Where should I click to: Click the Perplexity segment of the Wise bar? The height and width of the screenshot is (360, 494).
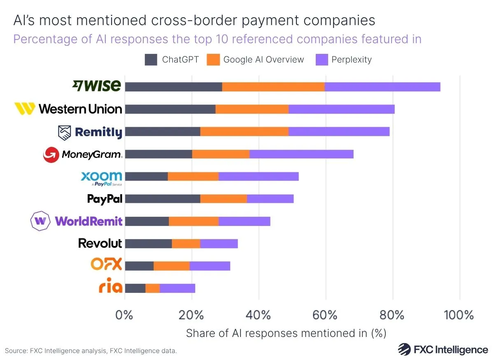coord(382,87)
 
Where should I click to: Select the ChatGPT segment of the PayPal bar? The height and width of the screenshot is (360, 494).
coord(162,199)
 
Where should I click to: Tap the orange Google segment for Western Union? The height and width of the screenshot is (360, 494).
coord(252,109)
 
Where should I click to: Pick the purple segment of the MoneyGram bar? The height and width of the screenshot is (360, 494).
coord(301,154)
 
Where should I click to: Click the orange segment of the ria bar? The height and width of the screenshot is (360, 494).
coord(152,288)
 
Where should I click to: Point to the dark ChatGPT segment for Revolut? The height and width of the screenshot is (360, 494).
coord(148,244)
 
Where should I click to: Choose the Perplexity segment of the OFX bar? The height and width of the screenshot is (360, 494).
coord(210,266)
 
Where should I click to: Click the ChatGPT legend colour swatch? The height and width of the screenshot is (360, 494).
coord(151,60)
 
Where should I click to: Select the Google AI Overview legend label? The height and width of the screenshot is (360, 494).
coord(263,60)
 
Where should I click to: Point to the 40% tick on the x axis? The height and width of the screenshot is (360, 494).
coord(259,316)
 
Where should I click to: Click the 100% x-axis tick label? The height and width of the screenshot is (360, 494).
coord(459,316)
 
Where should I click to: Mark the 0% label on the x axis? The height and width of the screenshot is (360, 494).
coord(125,316)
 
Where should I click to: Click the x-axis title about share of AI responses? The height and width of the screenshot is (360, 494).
coord(286,333)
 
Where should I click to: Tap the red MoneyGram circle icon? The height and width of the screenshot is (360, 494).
coord(51,155)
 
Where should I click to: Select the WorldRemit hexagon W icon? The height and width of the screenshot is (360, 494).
coord(40,221)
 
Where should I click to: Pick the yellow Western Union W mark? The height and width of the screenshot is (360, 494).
coord(24,109)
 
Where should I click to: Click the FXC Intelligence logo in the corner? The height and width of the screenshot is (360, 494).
coord(443,349)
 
